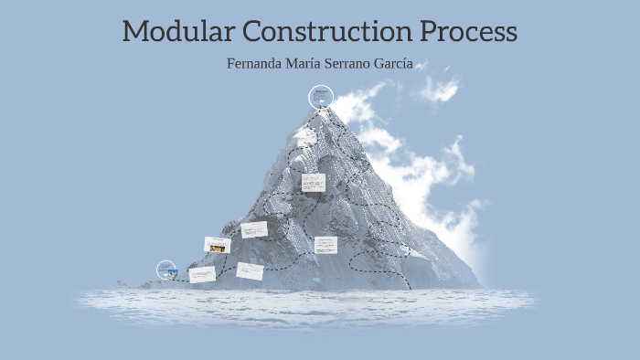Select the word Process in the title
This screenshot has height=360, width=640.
(x=469, y=33)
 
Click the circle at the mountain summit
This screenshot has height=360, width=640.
(x=320, y=96)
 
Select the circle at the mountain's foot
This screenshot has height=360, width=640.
(x=166, y=270)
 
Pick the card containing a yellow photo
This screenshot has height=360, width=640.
(x=217, y=245)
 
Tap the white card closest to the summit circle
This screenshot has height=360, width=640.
(x=313, y=183)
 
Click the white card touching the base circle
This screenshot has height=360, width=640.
(x=202, y=274)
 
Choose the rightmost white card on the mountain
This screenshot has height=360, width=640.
(x=325, y=245)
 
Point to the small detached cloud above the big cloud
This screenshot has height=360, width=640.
(x=440, y=89)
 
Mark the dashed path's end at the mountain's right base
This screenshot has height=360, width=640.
(x=411, y=289)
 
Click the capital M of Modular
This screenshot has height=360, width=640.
(x=135, y=32)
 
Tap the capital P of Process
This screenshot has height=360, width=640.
(x=431, y=32)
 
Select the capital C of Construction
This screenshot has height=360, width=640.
(x=255, y=32)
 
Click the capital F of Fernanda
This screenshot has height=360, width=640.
(x=231, y=65)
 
